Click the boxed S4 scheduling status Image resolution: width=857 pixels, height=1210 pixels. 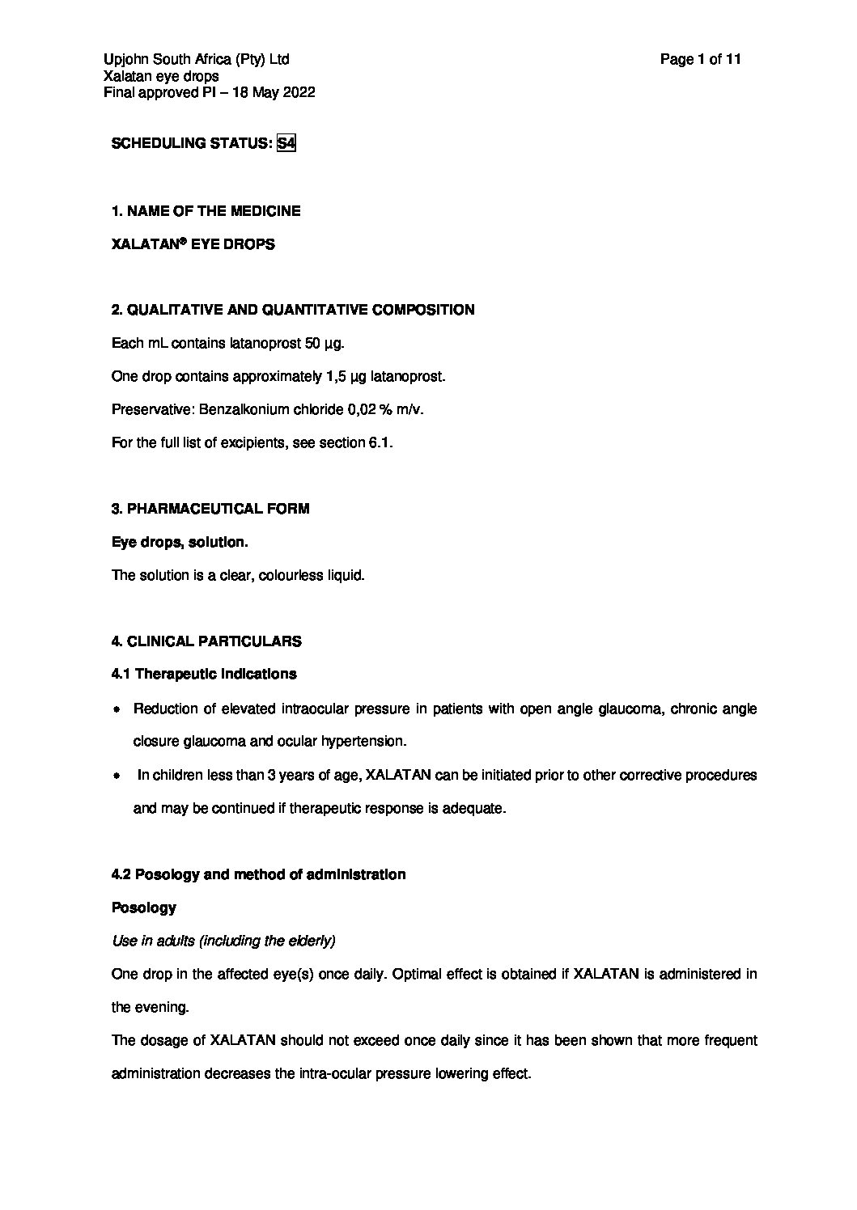[x=286, y=143]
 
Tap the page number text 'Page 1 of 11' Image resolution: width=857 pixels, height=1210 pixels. [x=701, y=59]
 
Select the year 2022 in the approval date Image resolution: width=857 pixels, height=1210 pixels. [x=299, y=92]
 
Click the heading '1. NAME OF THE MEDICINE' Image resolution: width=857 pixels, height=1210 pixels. [x=206, y=211]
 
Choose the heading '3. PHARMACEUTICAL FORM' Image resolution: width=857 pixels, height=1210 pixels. [x=210, y=509]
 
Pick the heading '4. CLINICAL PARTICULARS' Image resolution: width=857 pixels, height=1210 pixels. [x=206, y=641]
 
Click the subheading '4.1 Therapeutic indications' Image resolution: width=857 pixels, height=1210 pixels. [x=204, y=674]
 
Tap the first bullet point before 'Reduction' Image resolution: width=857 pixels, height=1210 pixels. [x=117, y=710]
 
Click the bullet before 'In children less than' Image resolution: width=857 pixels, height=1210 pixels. [x=117, y=776]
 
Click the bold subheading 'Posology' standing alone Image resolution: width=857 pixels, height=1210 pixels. [x=143, y=907]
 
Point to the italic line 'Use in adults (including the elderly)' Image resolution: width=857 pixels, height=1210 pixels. [x=223, y=941]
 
